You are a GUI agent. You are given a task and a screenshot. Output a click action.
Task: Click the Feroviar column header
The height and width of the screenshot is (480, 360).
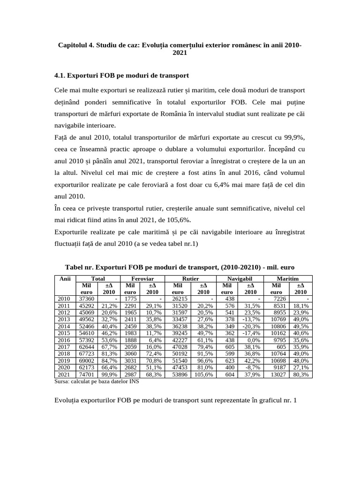[x=142, y=278]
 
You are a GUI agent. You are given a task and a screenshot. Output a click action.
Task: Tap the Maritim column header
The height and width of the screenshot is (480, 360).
[x=288, y=278]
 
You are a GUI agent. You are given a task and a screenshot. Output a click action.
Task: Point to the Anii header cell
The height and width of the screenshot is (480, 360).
[x=62, y=278]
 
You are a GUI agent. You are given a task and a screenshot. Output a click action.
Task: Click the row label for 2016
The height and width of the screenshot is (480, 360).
[x=62, y=340]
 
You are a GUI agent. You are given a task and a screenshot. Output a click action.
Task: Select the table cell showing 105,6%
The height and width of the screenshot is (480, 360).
[x=203, y=375]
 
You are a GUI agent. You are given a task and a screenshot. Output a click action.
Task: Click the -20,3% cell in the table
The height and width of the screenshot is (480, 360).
[x=250, y=327]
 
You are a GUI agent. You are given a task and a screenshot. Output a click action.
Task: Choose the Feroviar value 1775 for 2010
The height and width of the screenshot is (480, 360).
[x=130, y=299]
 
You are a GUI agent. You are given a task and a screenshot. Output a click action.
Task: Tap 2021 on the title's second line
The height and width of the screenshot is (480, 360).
[x=180, y=53]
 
